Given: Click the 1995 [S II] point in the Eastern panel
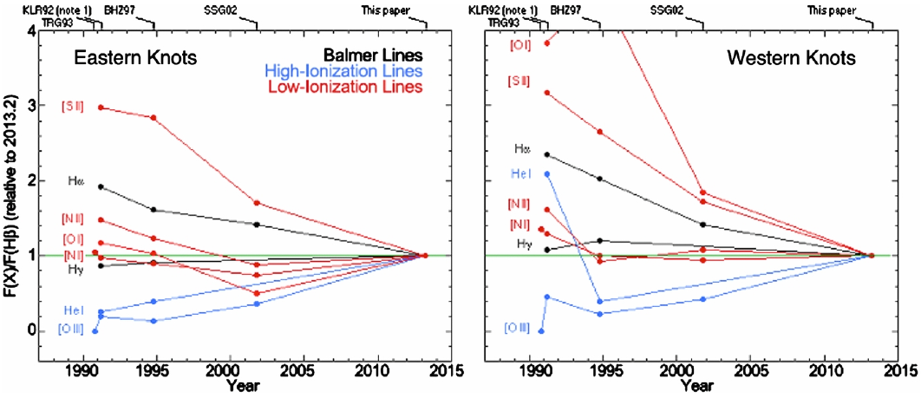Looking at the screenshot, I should click(153, 117).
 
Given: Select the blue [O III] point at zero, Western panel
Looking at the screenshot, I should click(541, 330).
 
